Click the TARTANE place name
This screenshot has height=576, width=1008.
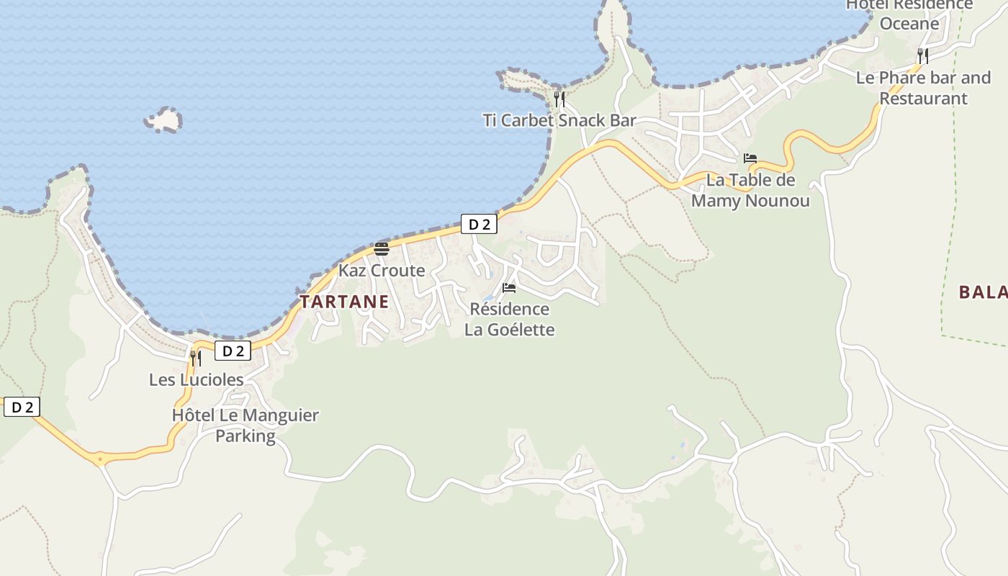344,302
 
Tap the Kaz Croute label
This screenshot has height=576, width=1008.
382,271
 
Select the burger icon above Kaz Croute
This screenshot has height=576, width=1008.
382,249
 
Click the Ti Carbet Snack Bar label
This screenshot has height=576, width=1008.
559,120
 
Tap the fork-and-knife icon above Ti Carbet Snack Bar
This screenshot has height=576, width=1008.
559,99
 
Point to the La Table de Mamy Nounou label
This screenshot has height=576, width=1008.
750,190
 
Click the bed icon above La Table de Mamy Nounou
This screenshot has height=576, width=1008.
750,158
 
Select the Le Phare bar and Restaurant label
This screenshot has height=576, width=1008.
923,88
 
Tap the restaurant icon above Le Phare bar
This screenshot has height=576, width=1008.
923,55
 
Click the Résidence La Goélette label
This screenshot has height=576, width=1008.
509,320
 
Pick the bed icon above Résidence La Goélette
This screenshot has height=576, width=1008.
509,288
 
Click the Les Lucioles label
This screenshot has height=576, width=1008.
196,379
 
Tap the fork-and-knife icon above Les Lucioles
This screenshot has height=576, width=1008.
196,358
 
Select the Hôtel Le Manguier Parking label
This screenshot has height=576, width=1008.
246,426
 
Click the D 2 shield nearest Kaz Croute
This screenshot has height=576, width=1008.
479,225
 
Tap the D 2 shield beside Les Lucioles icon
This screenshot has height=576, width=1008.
233,351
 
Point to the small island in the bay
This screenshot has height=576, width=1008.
164,120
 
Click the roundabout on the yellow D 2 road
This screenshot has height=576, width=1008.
99,459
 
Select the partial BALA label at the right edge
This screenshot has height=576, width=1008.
982,292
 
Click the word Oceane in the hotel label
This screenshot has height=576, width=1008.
909,23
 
